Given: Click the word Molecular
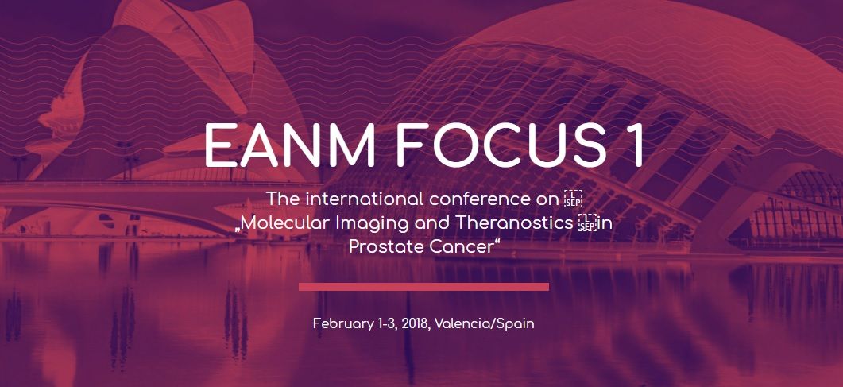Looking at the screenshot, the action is [x=285, y=223].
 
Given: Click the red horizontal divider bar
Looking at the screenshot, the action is [x=423, y=287].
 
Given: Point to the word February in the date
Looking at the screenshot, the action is [x=343, y=325].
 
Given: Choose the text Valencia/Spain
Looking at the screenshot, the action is [x=485, y=325].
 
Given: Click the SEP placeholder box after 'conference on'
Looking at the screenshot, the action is [x=573, y=199].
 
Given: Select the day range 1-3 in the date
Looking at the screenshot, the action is [x=387, y=324].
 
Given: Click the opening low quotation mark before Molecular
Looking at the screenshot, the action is [x=237, y=229].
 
